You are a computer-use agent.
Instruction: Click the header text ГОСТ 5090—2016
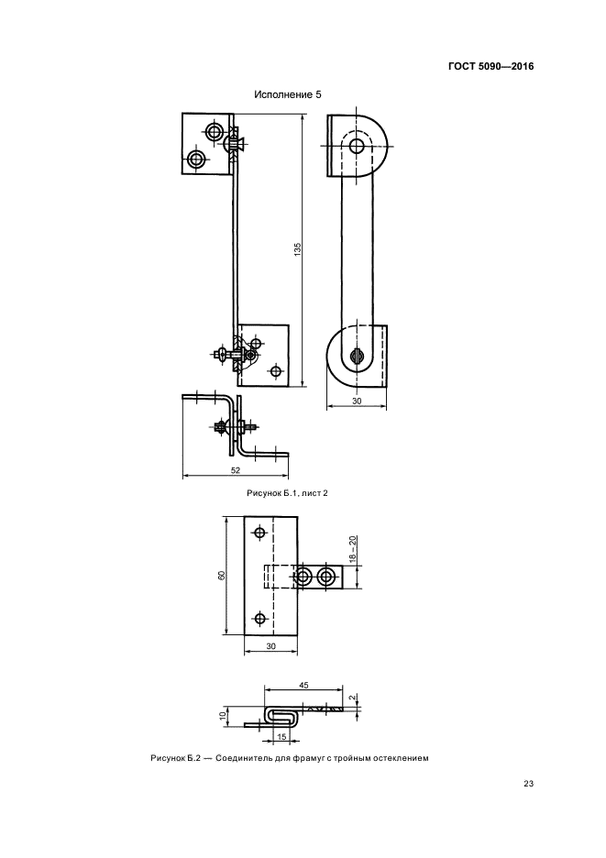point(490,67)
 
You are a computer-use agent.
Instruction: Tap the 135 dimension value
point(298,249)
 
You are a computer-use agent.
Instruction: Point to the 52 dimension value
point(236,469)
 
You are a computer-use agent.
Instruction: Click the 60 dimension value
point(222,576)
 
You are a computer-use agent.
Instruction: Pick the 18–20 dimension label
point(353,550)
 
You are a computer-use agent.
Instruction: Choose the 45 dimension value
point(303,685)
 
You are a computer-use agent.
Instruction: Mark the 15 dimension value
point(282,736)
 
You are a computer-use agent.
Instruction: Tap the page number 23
point(528,784)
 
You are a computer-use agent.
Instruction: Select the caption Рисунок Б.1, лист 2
point(287,493)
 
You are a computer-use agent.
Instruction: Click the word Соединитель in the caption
point(238,758)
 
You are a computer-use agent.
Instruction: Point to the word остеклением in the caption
point(404,758)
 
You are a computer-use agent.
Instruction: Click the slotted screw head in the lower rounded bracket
point(357,356)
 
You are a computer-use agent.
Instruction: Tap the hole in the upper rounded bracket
point(357,146)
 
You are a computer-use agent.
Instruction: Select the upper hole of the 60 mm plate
point(259,532)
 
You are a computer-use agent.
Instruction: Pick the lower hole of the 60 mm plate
point(260,619)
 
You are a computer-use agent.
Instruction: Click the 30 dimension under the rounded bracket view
point(357,401)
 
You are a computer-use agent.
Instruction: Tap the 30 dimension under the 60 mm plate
point(271,646)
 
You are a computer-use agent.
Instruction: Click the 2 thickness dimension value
point(353,698)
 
